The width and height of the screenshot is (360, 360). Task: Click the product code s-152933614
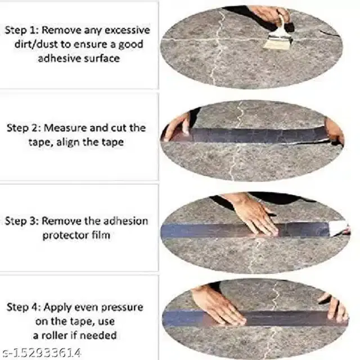42,353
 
